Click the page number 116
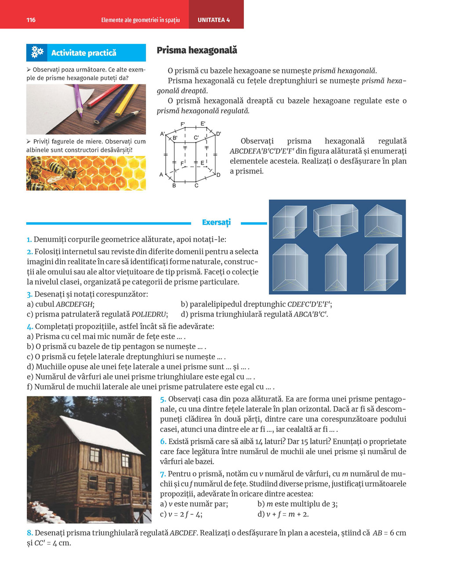31,20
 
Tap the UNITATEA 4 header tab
214,20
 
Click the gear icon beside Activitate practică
37,53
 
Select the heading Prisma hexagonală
197,51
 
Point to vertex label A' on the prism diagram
163,134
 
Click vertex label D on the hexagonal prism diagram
218,175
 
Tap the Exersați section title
216,222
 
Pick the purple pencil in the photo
78,100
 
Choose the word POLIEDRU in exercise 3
149,314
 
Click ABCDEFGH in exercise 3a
75,304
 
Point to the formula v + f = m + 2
287,514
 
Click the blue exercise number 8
29,533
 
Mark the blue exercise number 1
29,240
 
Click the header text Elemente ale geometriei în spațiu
140,20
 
